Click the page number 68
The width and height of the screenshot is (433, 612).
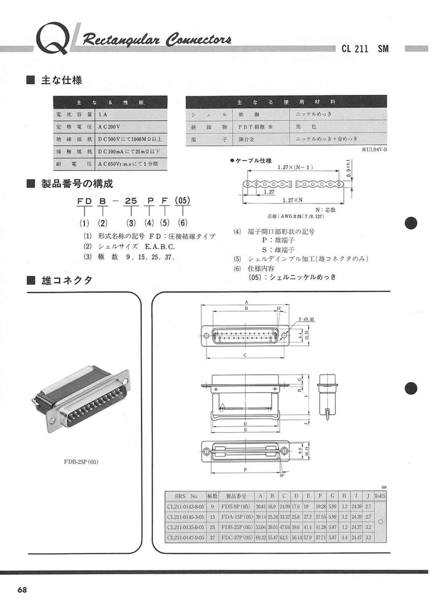[23, 590]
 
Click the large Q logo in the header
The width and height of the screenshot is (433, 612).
[53, 38]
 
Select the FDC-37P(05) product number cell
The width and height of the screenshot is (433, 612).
[236, 537]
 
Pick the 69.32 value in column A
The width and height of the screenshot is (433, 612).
[260, 537]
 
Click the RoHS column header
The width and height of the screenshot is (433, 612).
[380, 496]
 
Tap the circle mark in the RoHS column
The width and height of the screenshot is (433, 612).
[381, 522]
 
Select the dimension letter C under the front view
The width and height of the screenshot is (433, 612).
[245, 355]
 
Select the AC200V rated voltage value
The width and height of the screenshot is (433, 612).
[108, 127]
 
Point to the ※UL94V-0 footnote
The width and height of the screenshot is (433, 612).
[373, 149]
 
